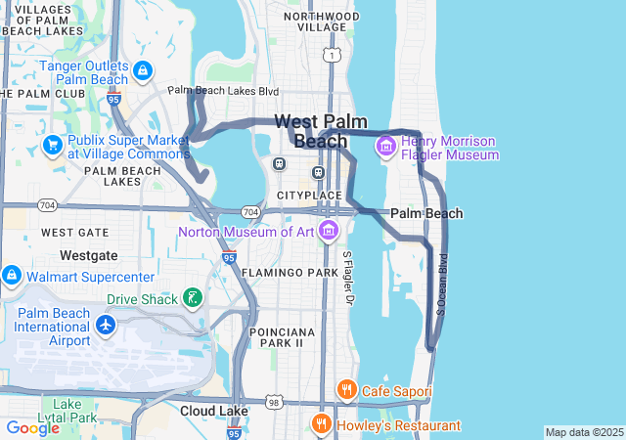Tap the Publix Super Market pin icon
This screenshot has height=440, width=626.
pyautogui.click(x=52, y=146)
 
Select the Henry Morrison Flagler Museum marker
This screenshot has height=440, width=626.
pyautogui.click(x=386, y=147)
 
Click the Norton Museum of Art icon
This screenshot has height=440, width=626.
pyautogui.click(x=328, y=232)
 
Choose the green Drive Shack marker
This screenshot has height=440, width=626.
pyautogui.click(x=193, y=298)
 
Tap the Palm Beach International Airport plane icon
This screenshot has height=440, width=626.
pyautogui.click(x=106, y=325)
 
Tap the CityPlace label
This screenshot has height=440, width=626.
pyautogui.click(x=308, y=196)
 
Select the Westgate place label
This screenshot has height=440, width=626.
pyautogui.click(x=89, y=255)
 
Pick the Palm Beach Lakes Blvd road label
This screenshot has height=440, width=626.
pyautogui.click(x=224, y=91)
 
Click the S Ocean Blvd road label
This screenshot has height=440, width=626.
pyautogui.click(x=442, y=284)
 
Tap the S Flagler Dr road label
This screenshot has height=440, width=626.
pyautogui.click(x=347, y=278)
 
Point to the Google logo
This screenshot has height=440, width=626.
pyautogui.click(x=33, y=428)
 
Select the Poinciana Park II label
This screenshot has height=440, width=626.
pyautogui.click(x=276, y=337)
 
